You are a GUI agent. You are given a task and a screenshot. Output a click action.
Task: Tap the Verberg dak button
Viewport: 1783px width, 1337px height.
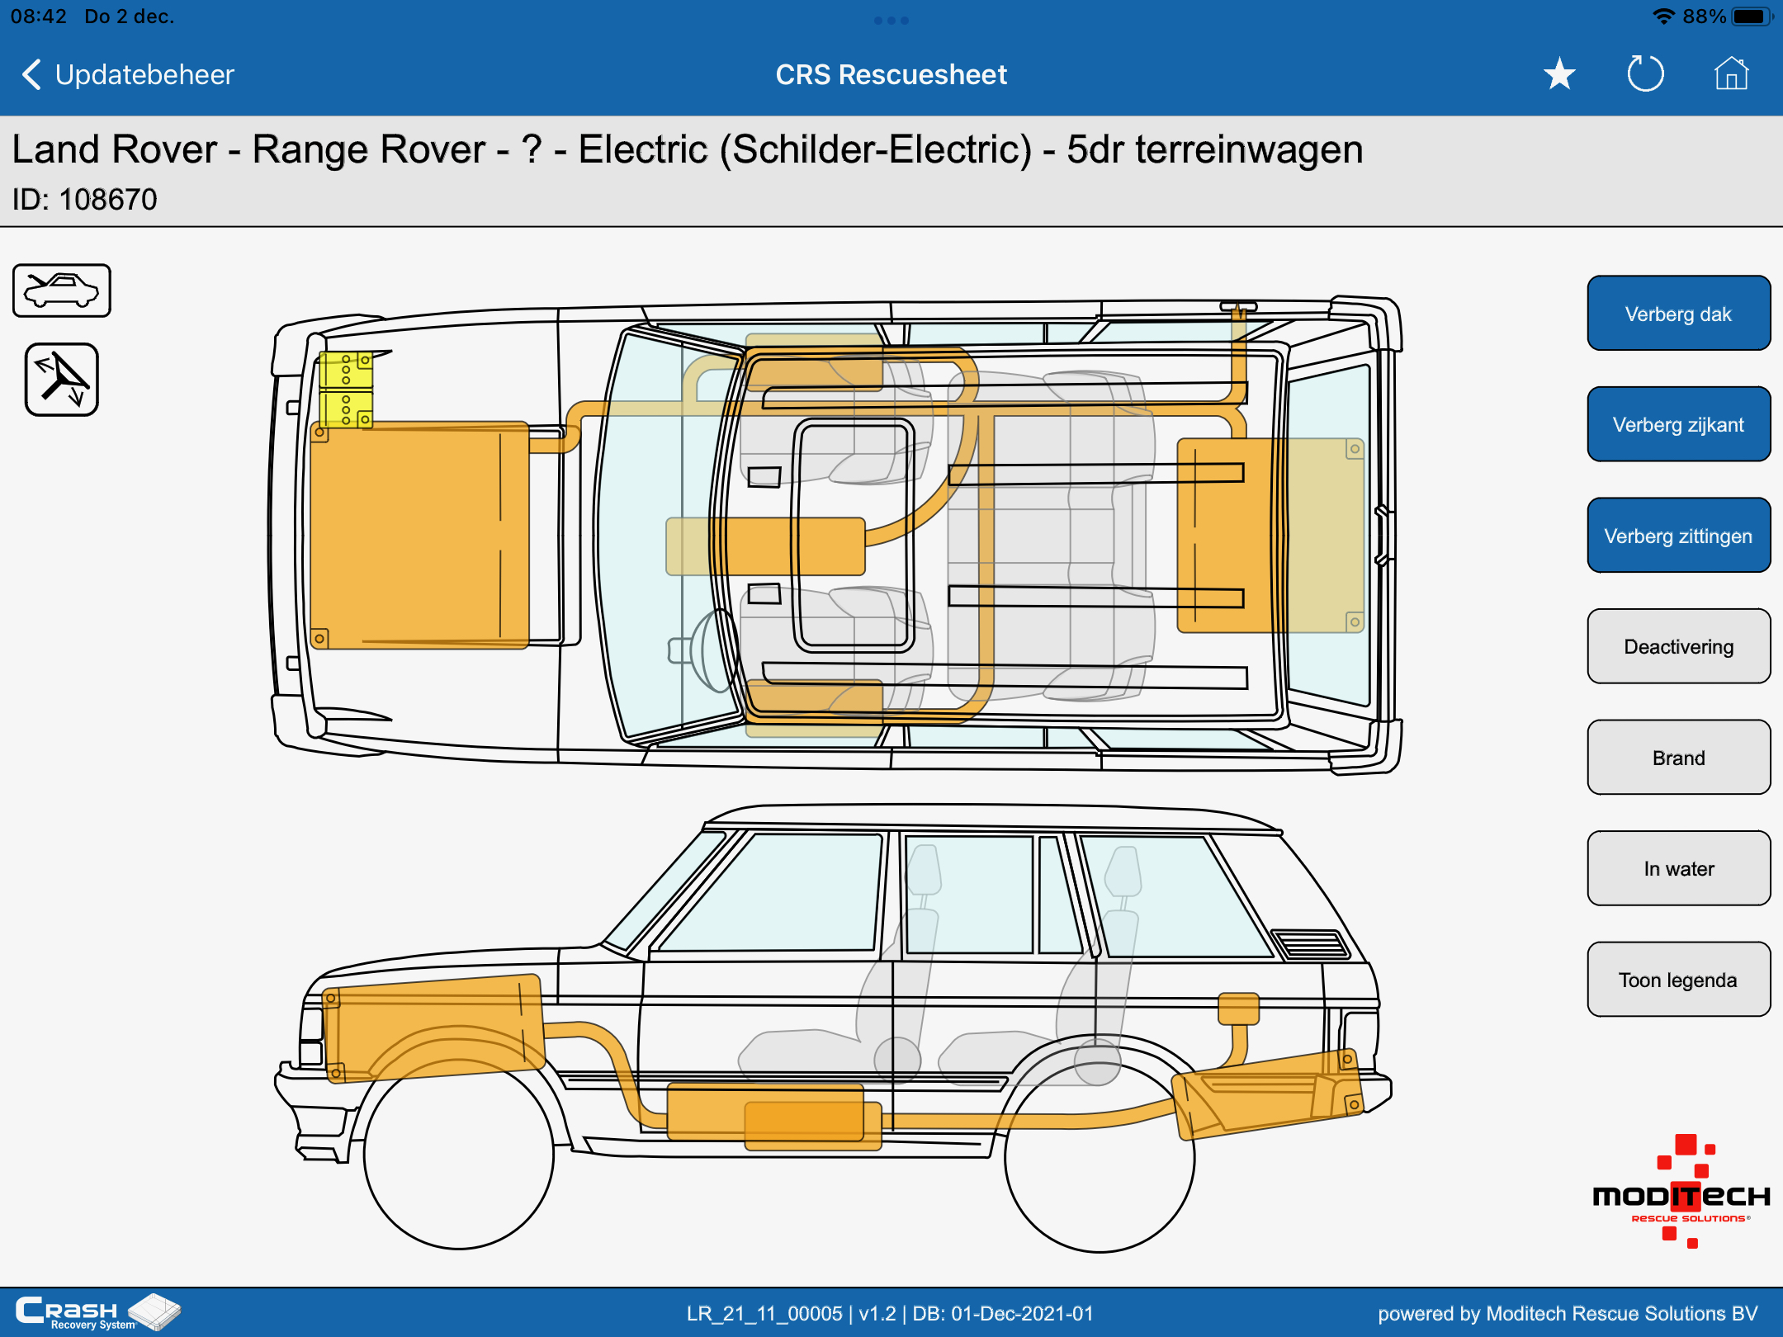pyautogui.click(x=1678, y=314)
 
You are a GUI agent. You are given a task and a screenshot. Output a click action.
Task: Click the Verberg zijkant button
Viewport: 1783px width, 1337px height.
pyautogui.click(x=1678, y=424)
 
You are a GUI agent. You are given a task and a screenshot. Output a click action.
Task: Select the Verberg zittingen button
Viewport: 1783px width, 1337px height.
pyautogui.click(x=1678, y=536)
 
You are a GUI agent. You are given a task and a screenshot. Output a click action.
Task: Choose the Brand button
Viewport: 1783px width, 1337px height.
pyautogui.click(x=1678, y=758)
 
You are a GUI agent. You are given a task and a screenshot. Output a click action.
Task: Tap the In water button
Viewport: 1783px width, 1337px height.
pyautogui.click(x=1678, y=868)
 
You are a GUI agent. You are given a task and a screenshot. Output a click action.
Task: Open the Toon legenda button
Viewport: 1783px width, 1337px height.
pyautogui.click(x=1678, y=980)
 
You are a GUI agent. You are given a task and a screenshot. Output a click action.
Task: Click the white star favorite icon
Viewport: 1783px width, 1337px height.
pyautogui.click(x=1559, y=74)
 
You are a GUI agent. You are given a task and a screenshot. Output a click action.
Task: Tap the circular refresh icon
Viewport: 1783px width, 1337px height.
pyautogui.click(x=1645, y=73)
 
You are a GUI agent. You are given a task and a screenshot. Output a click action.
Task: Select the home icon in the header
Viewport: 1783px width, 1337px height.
pyautogui.click(x=1731, y=73)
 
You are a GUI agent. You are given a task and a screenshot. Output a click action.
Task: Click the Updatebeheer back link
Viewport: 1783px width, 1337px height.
pyautogui.click(x=128, y=74)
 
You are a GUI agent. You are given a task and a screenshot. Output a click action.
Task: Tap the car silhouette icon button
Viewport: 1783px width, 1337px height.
pyautogui.click(x=62, y=291)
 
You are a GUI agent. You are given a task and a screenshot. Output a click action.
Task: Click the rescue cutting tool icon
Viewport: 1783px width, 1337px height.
pyautogui.click(x=62, y=380)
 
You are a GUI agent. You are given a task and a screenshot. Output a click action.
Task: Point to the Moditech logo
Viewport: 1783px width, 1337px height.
pyautogui.click(x=1681, y=1192)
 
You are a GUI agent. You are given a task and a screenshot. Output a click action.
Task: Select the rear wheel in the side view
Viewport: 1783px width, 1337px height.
pyautogui.click(x=1099, y=1157)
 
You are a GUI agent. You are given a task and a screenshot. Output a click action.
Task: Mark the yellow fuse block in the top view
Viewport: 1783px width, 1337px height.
pyautogui.click(x=346, y=390)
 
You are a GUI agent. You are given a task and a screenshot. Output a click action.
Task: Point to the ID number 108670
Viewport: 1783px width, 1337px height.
pyautogui.click(x=108, y=199)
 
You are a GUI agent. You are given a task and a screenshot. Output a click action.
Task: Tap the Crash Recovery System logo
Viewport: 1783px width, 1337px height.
pyautogui.click(x=97, y=1312)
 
